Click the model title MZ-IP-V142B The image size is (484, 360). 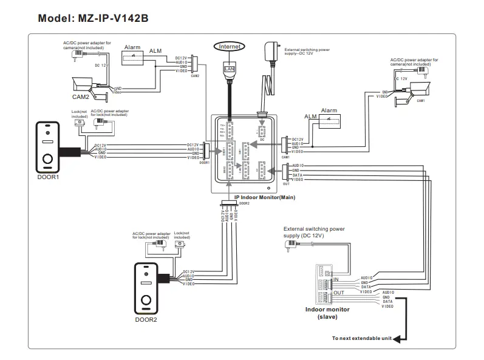[93, 18]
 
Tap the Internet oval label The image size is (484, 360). [230, 46]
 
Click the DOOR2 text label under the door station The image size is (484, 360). [146, 319]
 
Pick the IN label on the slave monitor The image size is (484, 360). [336, 279]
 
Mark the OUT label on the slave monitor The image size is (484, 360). [339, 292]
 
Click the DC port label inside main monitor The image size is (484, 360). [262, 139]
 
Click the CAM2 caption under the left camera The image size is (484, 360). [81, 96]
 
